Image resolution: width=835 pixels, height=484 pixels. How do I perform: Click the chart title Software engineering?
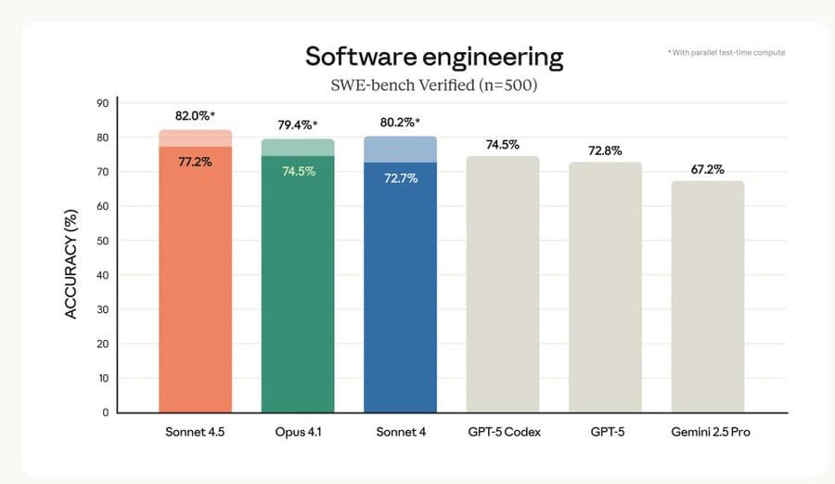434,57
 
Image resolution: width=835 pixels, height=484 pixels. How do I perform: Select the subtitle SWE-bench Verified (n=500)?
434,85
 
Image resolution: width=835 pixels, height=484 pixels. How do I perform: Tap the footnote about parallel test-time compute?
726,53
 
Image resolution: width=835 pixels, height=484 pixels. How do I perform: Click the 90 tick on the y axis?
103,103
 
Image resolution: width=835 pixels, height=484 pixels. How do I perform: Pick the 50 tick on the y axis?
103,241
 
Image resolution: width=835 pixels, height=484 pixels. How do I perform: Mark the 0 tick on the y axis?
106,412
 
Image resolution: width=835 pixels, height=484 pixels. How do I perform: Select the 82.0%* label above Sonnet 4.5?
195,117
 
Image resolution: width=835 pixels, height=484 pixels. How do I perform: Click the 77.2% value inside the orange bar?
195,161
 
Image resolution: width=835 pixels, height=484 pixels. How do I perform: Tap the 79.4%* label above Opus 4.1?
297,125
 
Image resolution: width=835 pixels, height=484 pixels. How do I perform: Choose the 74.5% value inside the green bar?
297,171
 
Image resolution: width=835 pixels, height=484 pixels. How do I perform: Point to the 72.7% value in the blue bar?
400,177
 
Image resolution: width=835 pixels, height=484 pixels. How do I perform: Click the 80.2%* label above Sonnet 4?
400,123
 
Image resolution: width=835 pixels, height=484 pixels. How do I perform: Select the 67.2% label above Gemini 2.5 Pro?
707,169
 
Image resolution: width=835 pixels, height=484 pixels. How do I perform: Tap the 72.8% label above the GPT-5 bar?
605,150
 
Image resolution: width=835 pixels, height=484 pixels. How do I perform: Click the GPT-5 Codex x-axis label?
502,433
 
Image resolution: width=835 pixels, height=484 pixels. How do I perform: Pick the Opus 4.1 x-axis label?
297,433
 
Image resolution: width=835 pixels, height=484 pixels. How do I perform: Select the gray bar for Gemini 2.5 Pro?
707,297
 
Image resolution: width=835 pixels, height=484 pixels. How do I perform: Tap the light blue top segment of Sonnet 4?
400,149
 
